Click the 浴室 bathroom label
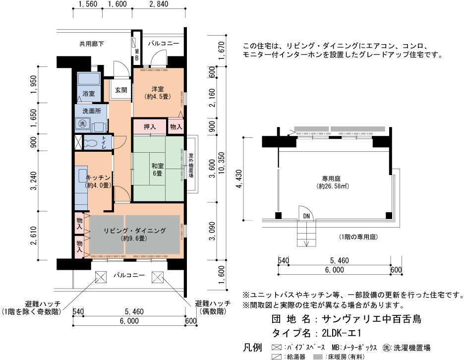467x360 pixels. (88, 94)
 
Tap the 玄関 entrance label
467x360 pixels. (121, 90)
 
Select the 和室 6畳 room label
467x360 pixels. (158, 169)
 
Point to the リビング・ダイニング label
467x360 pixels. (134, 231)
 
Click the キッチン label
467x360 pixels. (98, 178)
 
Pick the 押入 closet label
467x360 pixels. (150, 127)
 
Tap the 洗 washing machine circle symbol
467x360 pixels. (82, 123)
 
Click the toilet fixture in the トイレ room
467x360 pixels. (91, 143)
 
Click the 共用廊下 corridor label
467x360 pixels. (91, 44)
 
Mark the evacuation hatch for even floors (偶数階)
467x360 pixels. (157, 278)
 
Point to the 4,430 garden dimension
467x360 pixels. (238, 179)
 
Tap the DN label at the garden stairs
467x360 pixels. (306, 216)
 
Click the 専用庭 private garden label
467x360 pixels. (331, 179)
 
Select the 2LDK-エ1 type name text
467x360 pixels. (341, 333)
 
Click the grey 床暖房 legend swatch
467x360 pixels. (318, 357)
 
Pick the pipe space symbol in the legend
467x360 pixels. (277, 347)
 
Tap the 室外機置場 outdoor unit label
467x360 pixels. (191, 165)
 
